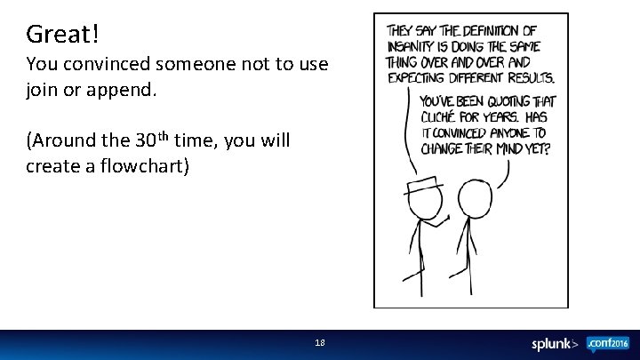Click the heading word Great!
(62, 34)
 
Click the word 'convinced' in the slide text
(113, 65)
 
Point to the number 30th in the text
(153, 140)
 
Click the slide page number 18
(320, 342)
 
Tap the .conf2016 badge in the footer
(608, 343)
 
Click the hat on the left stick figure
(424, 185)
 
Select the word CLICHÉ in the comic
(443, 117)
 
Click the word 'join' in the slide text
(41, 90)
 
